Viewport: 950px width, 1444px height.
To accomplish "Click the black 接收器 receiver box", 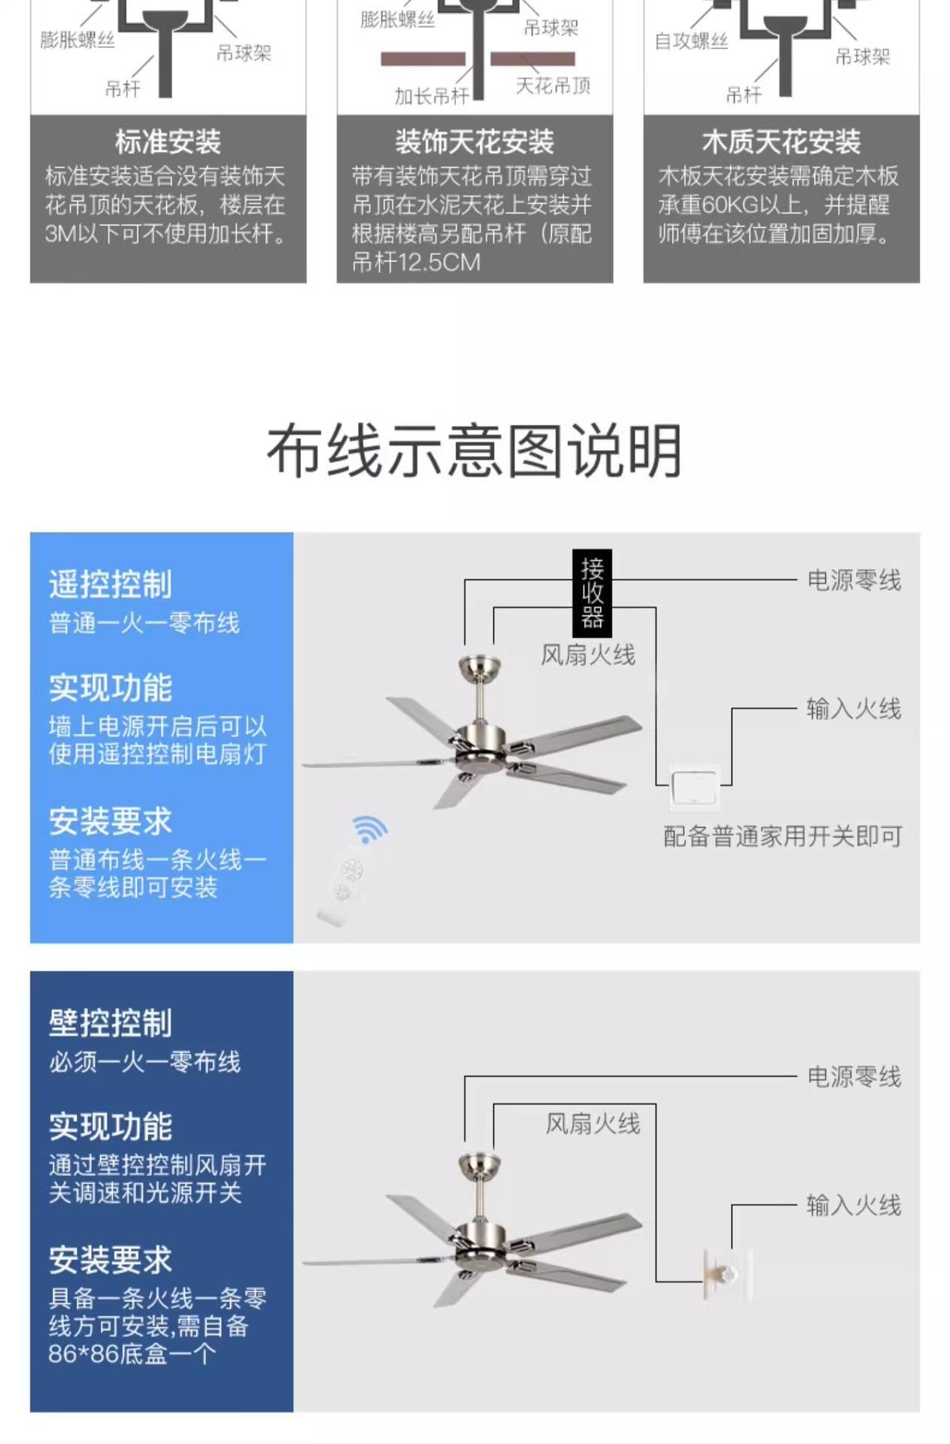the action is (591, 593).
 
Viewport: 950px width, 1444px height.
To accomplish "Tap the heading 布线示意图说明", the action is (474, 450).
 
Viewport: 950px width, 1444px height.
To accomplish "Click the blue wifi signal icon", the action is (369, 829).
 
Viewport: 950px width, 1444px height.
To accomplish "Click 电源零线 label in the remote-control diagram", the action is (853, 581).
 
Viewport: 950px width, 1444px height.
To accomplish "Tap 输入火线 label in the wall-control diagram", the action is (853, 1206).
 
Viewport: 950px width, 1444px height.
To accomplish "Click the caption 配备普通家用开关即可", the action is (782, 836).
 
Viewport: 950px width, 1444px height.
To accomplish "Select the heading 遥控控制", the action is (111, 584).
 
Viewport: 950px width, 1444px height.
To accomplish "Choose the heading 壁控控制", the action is (111, 1024).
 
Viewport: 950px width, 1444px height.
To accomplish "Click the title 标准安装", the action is (168, 141).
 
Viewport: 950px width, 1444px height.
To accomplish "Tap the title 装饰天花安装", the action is (475, 141).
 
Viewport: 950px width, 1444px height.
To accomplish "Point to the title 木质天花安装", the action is (781, 141).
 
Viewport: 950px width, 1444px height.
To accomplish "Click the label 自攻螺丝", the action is (690, 41).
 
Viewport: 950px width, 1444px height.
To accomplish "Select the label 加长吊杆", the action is (431, 96).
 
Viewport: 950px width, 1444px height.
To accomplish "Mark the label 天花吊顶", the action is (553, 86).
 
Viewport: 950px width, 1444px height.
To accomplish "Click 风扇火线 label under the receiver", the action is (587, 655).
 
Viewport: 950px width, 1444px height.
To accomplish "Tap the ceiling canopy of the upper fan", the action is (479, 665).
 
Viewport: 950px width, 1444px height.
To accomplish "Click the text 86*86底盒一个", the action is (132, 1354).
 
